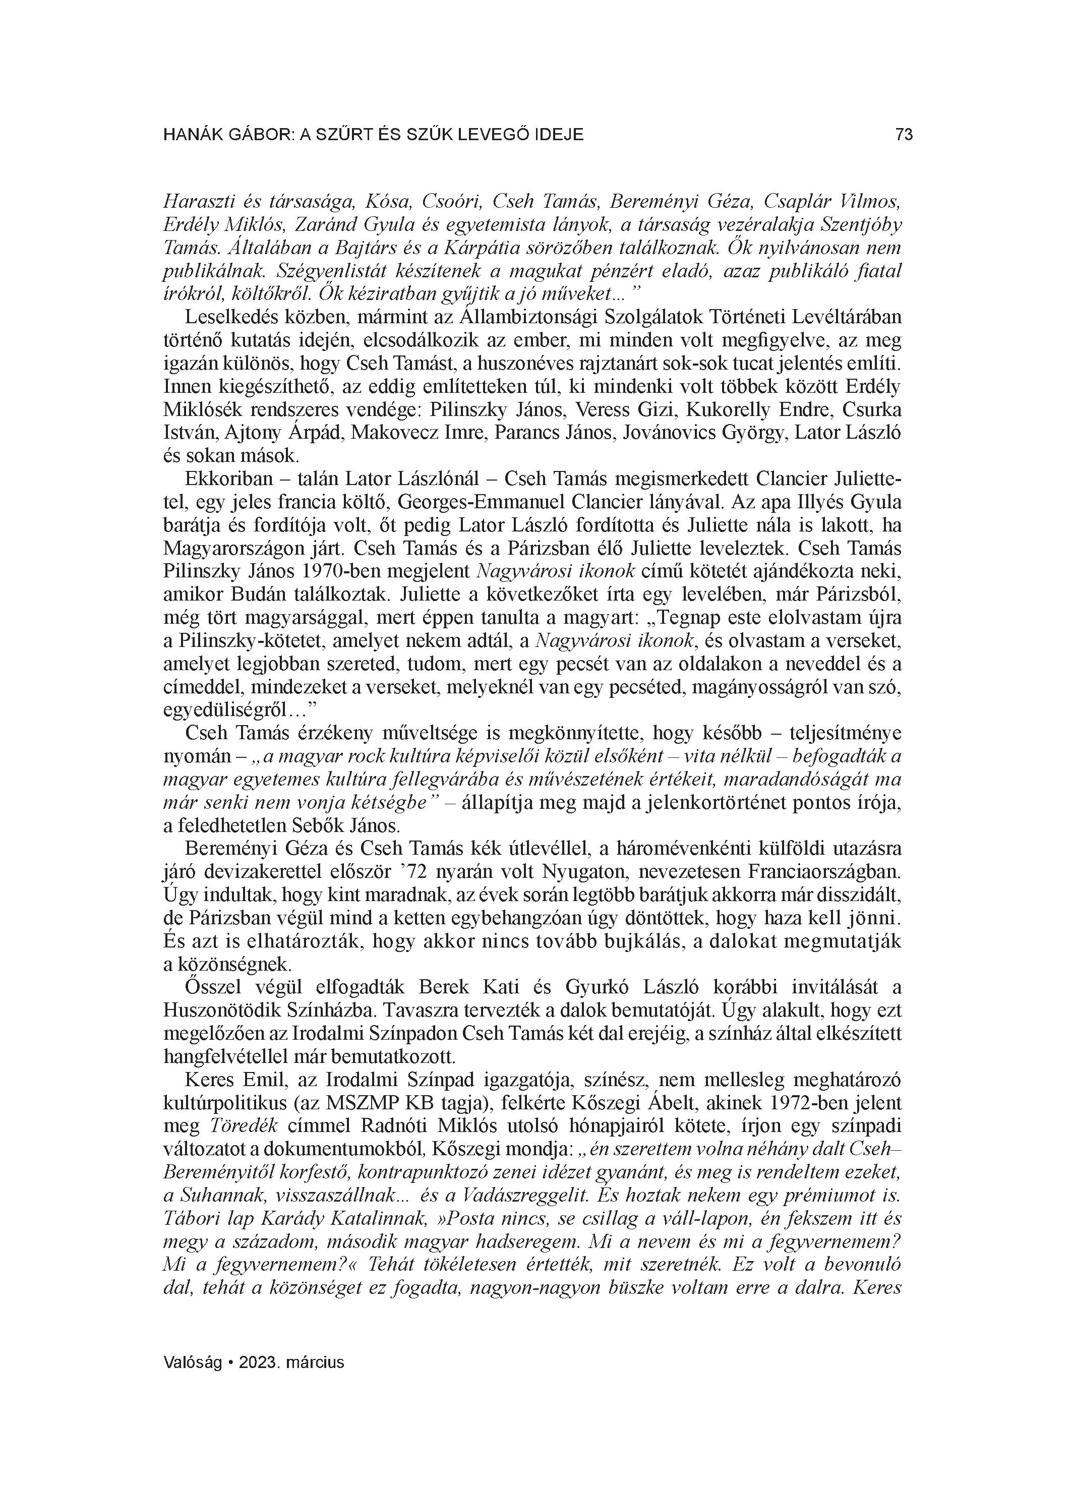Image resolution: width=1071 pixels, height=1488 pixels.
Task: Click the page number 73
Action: (x=904, y=135)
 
